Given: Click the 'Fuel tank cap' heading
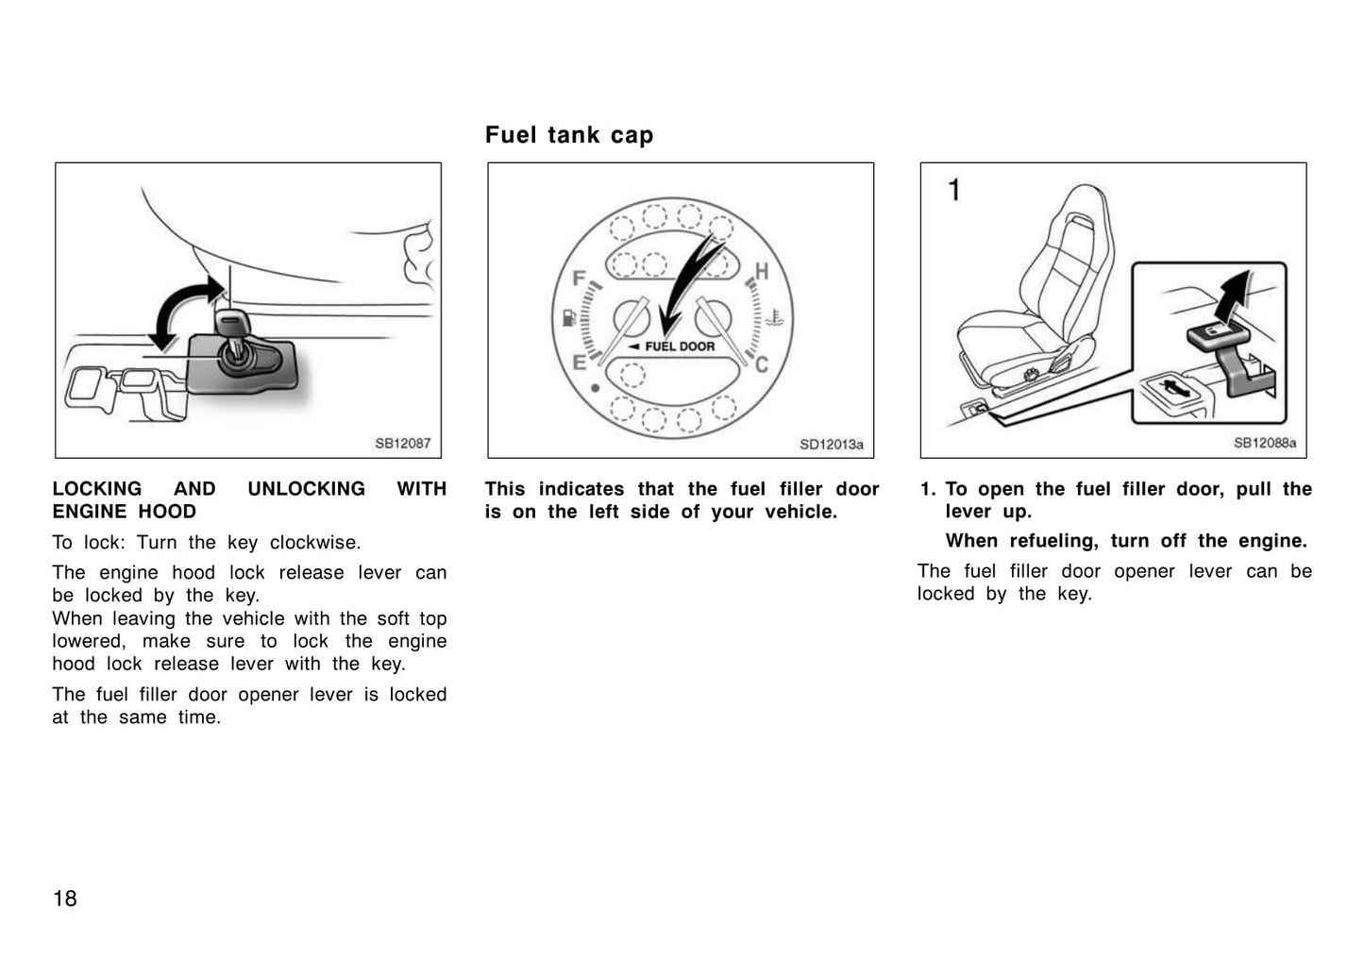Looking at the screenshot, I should (x=568, y=135).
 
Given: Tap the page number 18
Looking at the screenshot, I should (x=65, y=898).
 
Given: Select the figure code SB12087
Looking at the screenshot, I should (x=402, y=443).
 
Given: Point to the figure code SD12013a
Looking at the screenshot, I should (x=831, y=444).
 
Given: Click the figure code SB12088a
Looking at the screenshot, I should (x=1264, y=443).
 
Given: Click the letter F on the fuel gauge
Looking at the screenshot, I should (x=581, y=278).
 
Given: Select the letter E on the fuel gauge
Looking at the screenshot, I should (x=579, y=360).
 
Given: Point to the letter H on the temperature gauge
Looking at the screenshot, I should (x=762, y=272).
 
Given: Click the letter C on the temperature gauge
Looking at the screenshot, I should (x=762, y=364).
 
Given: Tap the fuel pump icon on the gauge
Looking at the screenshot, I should (x=568, y=316).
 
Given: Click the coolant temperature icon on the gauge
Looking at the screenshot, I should (x=774, y=317).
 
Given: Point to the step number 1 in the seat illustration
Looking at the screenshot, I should (x=954, y=191).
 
